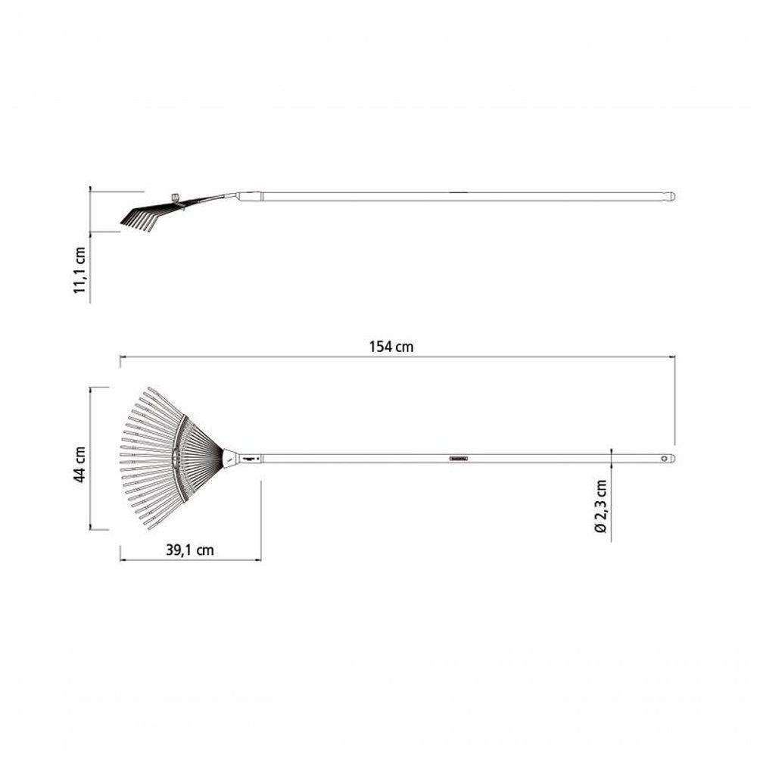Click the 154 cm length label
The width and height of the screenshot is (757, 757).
click(391, 347)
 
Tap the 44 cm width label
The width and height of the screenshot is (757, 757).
click(79, 465)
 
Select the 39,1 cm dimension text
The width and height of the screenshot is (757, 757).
click(190, 550)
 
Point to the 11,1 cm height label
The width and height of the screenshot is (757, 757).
click(79, 270)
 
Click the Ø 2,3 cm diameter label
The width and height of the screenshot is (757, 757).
click(600, 506)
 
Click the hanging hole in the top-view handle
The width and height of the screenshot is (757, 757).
click(665, 458)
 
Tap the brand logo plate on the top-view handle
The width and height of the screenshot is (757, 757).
click(458, 458)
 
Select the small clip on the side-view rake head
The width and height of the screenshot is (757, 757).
click(176, 197)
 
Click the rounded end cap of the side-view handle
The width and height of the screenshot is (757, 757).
click(670, 197)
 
